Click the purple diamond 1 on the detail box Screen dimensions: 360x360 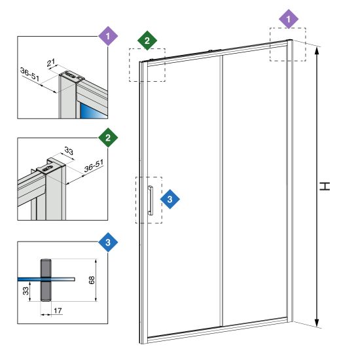pos(108,36)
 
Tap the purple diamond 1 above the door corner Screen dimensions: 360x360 pos(289,19)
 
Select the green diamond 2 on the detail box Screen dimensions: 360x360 pos(108,137)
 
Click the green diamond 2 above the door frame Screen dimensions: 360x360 pos(147,41)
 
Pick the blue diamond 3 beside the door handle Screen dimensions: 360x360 pos(170,199)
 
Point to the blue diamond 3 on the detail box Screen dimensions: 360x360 pos(108,242)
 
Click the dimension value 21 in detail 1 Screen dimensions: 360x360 pos(51,62)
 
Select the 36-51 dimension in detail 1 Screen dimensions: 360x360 pos(30,74)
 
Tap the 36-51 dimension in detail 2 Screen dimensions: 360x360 pos(94,166)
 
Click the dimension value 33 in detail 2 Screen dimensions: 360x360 pos(69,151)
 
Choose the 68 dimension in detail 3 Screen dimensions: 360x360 pos(92,280)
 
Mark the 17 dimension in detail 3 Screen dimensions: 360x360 pos(58,311)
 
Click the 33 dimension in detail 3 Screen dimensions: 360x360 pos(26,291)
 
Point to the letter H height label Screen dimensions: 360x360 pos(325,186)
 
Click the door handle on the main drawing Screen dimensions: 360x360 pos(151,200)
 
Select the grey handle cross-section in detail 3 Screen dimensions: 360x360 pos(46,280)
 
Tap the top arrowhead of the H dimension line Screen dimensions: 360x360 pos(317,50)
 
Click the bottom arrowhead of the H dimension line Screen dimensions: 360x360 pos(317,323)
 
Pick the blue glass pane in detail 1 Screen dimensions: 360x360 pos(93,111)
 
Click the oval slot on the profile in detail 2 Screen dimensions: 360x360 pos(48,169)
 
